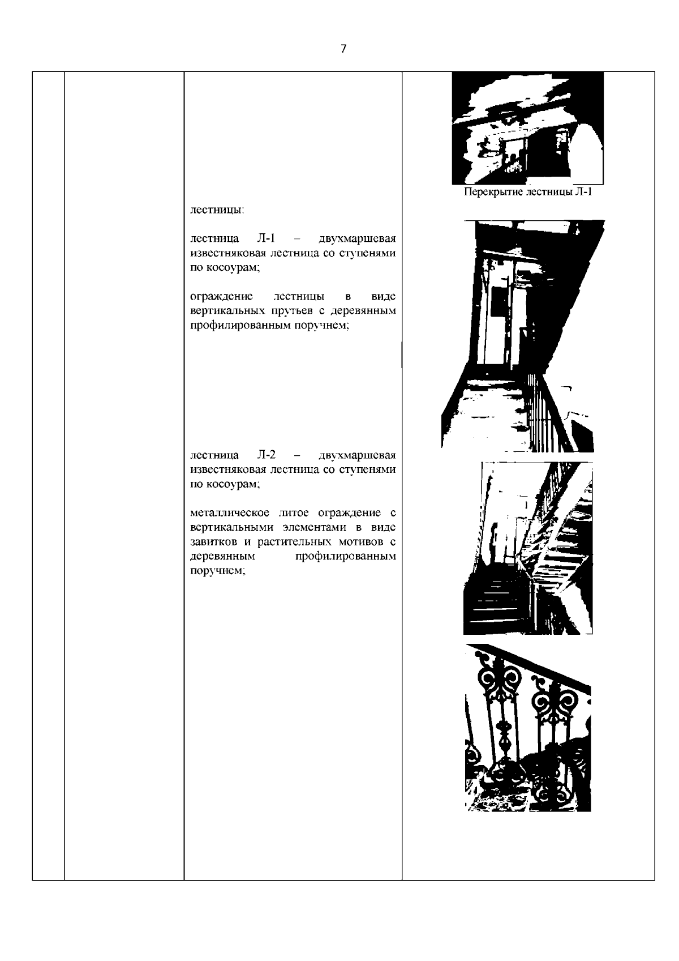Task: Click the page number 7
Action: pyautogui.click(x=343, y=49)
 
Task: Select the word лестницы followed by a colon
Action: pyautogui.click(x=217, y=210)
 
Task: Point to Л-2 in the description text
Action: pyautogui.click(x=266, y=454)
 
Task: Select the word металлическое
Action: pyautogui.click(x=229, y=512)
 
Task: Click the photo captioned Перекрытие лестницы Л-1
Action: pyautogui.click(x=528, y=128)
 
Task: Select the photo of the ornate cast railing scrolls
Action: pyautogui.click(x=528, y=727)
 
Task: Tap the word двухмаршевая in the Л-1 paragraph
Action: pyautogui.click(x=357, y=238)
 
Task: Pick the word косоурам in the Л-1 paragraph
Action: pyautogui.click(x=233, y=267)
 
